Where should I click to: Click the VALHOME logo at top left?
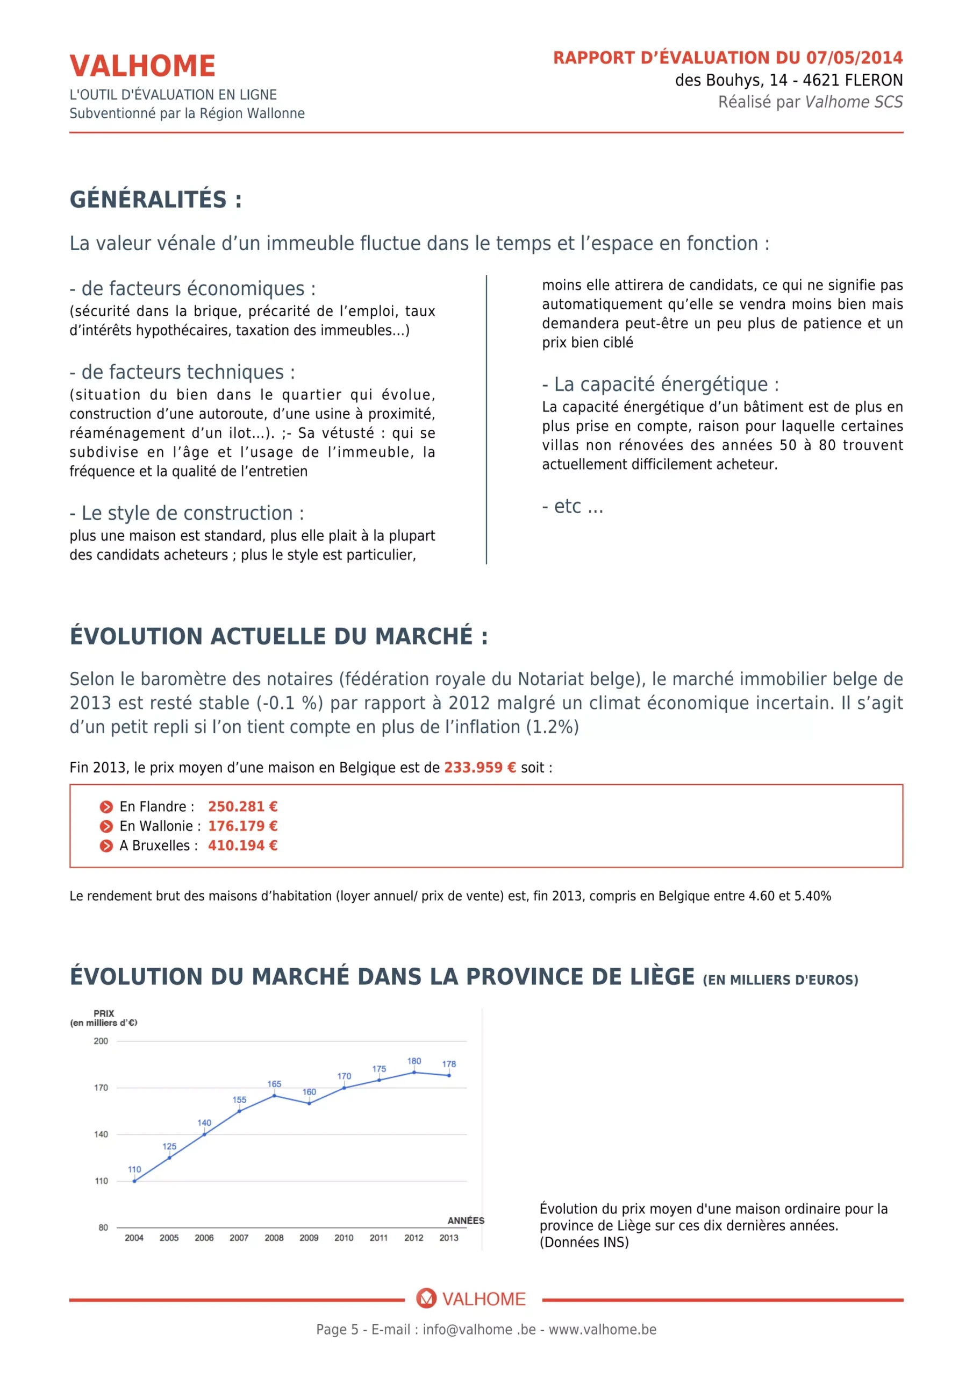142,66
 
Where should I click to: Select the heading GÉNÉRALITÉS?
155,200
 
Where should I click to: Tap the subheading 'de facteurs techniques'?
182,372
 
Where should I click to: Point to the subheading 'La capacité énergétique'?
660,384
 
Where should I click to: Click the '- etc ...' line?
572,506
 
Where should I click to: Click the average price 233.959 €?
480,767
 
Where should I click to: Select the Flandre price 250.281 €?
242,806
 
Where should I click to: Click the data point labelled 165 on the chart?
274,1095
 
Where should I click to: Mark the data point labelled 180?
414,1073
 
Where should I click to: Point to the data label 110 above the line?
134,1169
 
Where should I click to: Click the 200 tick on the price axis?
101,1041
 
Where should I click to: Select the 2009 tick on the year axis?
309,1237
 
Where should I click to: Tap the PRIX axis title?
104,1013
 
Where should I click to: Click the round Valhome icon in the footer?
426,1298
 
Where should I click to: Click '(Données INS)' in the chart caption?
583,1242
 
